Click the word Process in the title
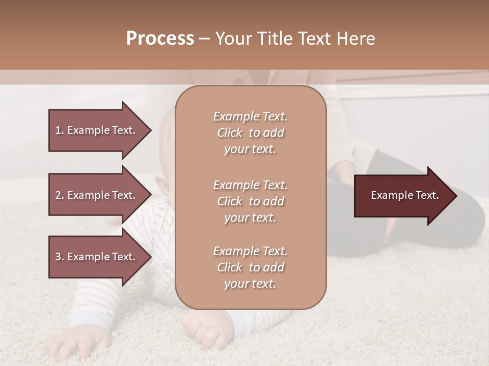[x=160, y=39]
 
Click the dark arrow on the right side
[x=405, y=196]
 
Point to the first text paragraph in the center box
[x=250, y=133]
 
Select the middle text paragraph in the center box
[x=250, y=201]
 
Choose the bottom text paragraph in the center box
[x=250, y=267]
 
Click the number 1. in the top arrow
[x=60, y=130]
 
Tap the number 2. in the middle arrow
[x=60, y=195]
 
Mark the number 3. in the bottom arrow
[x=60, y=257]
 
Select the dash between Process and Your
[x=205, y=39]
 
